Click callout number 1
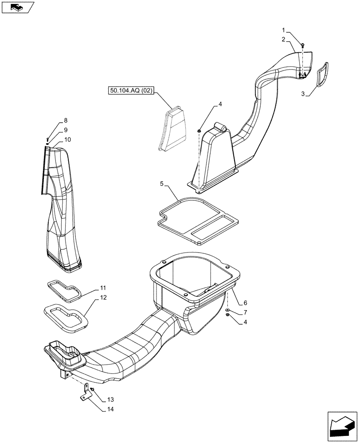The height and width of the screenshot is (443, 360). coord(282,30)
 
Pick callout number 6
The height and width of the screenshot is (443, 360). coord(245,303)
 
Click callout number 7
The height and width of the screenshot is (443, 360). coord(245,313)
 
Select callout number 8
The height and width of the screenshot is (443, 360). coord(65,120)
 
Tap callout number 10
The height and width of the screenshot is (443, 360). coord(67,140)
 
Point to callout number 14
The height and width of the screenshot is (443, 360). coord(110,409)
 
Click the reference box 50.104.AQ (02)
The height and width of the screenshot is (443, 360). coord(132,92)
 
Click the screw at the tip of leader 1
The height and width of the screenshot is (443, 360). coord(303,45)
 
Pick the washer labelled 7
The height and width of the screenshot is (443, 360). coord(227,308)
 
